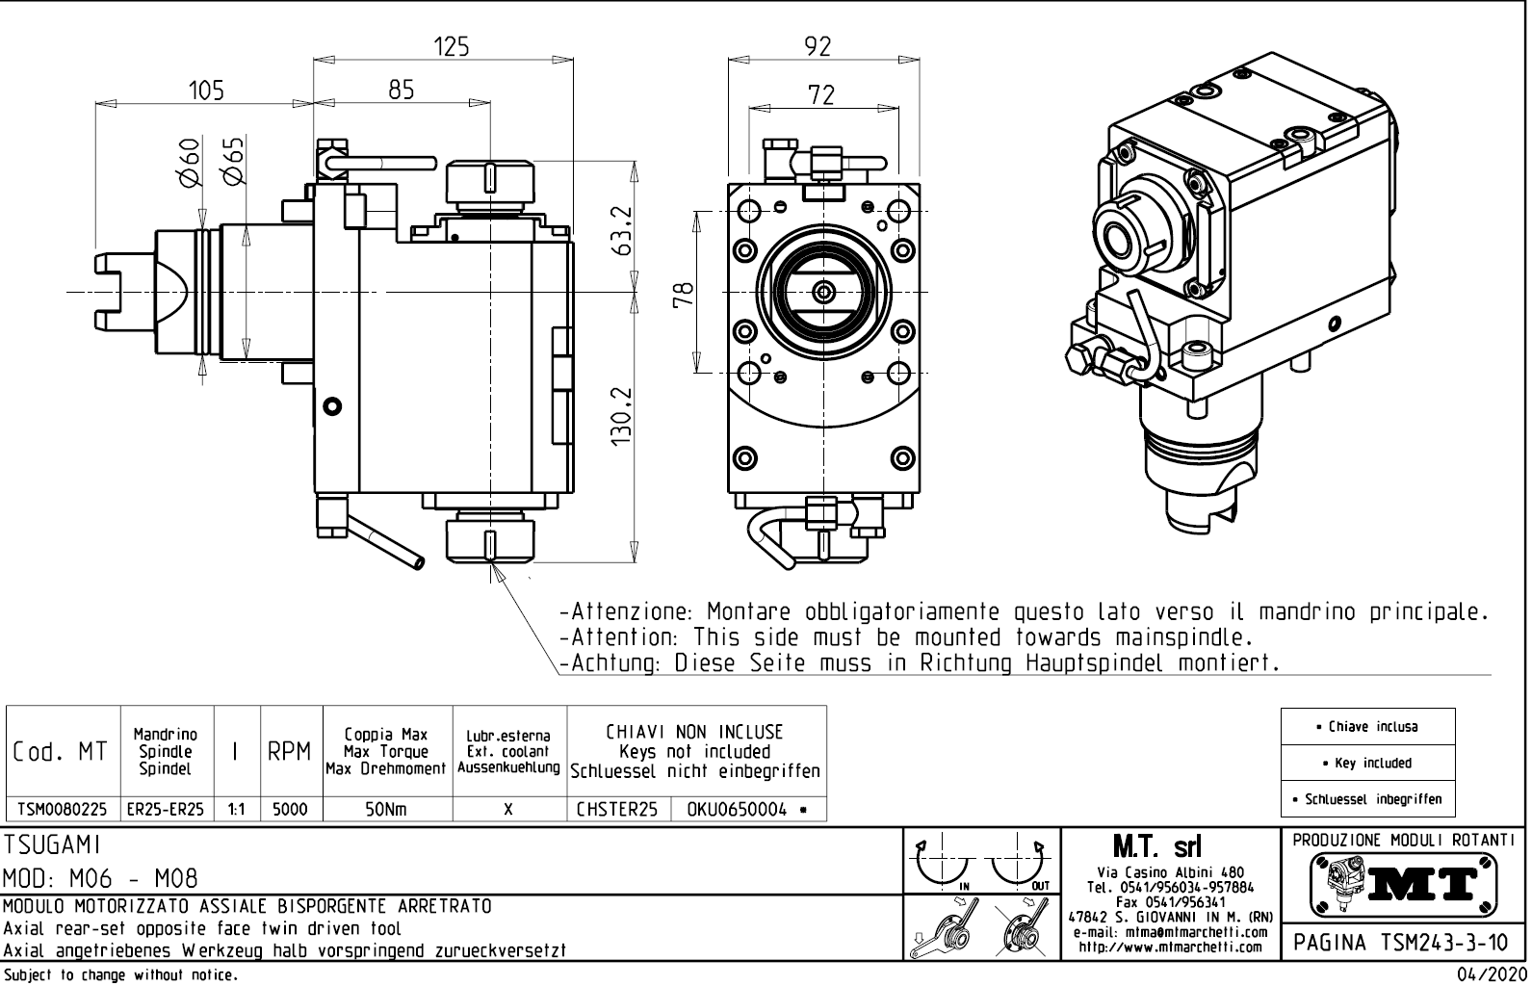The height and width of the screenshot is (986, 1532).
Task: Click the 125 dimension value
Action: pos(451,46)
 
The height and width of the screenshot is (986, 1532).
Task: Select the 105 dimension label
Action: pos(205,91)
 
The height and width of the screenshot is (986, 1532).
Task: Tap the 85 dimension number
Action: pos(401,90)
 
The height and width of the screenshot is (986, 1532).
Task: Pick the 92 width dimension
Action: pos(817,46)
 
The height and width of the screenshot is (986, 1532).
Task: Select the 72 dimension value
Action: pos(821,94)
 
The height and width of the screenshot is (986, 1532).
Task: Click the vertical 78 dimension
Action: pos(683,293)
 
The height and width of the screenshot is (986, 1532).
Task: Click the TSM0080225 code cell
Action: pos(63,810)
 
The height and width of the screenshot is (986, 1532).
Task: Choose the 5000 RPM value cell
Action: pos(290,810)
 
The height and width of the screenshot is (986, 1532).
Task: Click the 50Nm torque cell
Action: pos(385,810)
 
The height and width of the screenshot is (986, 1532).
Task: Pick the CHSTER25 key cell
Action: pos(616,810)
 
